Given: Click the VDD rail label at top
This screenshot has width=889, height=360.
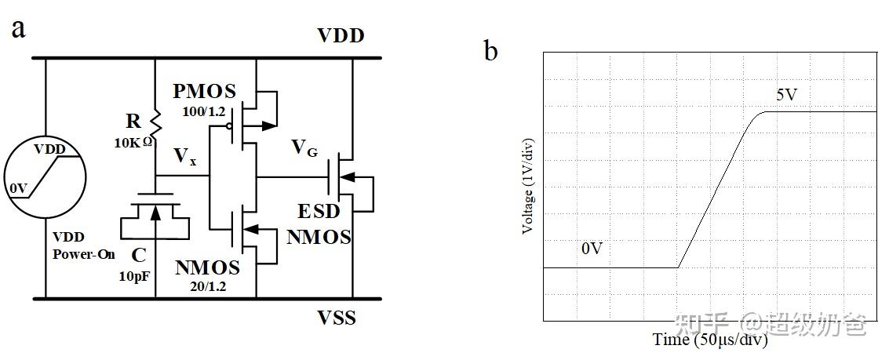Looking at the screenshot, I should click(341, 36).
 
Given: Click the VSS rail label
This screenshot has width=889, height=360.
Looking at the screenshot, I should click(337, 318).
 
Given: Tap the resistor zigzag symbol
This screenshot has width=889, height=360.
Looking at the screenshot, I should click(155, 121).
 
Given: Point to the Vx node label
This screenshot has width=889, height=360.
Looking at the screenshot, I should click(185, 157).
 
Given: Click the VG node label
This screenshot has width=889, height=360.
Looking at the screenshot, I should click(304, 147).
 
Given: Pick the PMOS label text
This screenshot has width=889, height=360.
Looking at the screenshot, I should click(204, 91).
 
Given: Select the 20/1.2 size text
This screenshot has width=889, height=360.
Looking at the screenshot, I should click(207, 286).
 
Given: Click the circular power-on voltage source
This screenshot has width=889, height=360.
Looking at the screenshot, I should click(45, 176).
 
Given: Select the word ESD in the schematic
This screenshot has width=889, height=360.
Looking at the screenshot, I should click(319, 213).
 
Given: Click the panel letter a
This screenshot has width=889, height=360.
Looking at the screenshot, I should click(18, 28).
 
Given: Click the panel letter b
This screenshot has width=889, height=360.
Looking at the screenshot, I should click(490, 52).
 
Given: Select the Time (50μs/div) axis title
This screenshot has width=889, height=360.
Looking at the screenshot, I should click(710, 340).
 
